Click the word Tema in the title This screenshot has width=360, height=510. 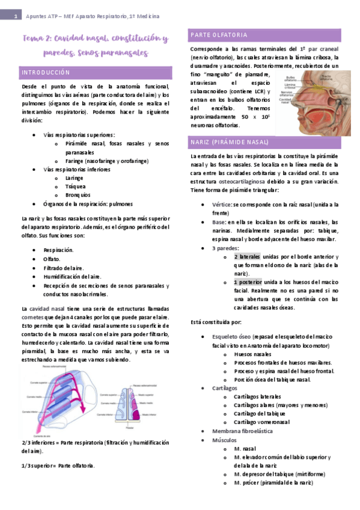pos(33,39)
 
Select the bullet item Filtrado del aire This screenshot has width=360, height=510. pos(64,267)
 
